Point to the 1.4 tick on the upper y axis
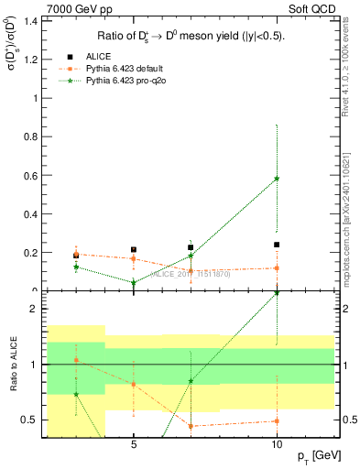(33, 21)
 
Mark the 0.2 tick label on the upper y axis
(33, 252)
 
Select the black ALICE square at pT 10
(277, 245)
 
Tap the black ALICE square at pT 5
(134, 249)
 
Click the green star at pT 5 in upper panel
(134, 282)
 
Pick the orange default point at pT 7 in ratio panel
(191, 426)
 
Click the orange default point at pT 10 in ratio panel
(277, 421)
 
